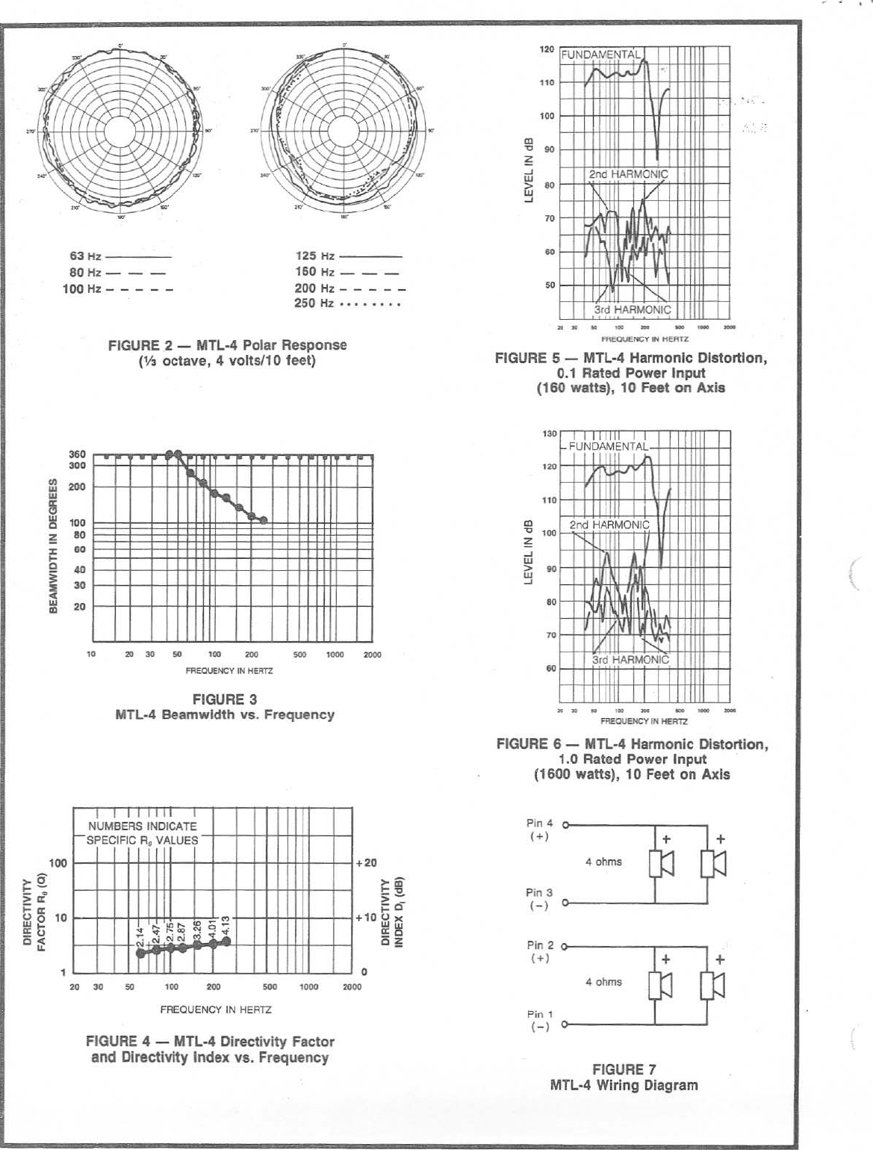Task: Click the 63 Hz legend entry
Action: coord(85,256)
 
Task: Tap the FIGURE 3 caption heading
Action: coord(225,699)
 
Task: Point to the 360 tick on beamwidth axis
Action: coord(78,454)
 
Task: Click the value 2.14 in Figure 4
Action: coord(140,936)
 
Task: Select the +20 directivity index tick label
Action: coord(366,863)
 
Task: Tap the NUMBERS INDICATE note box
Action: coord(143,833)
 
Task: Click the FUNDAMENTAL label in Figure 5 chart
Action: coord(600,55)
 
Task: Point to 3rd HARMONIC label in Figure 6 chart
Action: coord(630,660)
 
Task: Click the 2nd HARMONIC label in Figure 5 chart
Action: coord(628,174)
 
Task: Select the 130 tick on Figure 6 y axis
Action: coord(549,434)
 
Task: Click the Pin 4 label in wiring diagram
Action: coord(539,823)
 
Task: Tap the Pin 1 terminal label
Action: coord(539,1015)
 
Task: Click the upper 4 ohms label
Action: coord(603,862)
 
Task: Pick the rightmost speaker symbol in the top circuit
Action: coord(713,865)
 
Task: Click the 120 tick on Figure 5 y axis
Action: coord(547,49)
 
